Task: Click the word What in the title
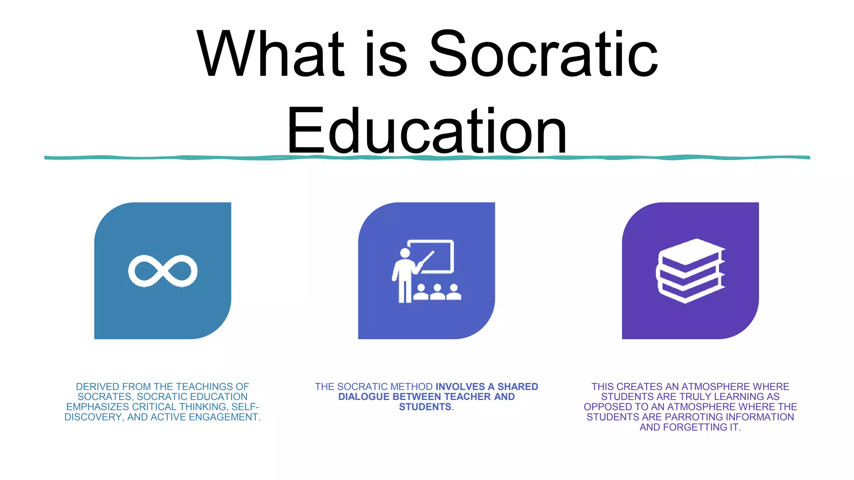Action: pyautogui.click(x=270, y=54)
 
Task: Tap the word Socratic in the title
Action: pyautogui.click(x=543, y=54)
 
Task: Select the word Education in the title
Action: pyautogui.click(x=427, y=131)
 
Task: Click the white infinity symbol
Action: pyautogui.click(x=163, y=271)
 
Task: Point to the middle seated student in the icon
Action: pyautogui.click(x=437, y=292)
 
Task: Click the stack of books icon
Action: pyautogui.click(x=691, y=271)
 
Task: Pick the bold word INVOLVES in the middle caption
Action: pyautogui.click(x=460, y=387)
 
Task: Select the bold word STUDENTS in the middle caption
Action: pyautogui.click(x=425, y=407)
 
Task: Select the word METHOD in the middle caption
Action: pyautogui.click(x=412, y=387)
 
